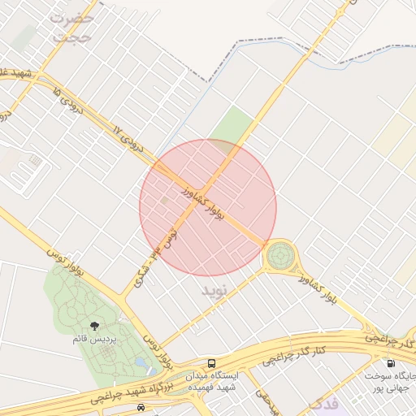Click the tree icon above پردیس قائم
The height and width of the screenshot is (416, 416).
[97, 326]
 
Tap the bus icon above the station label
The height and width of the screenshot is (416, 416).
[212, 363]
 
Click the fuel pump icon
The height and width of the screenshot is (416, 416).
[392, 364]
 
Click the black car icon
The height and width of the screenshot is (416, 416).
[141, 406]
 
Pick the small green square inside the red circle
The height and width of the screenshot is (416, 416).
[165, 199]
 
